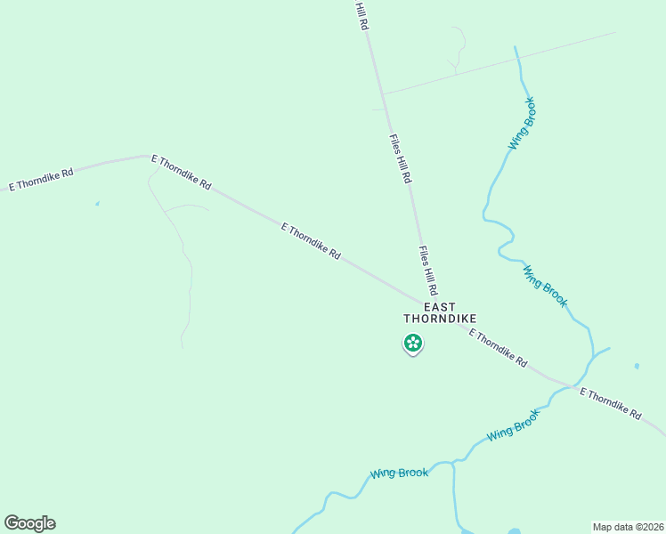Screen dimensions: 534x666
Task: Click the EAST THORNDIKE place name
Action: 439,311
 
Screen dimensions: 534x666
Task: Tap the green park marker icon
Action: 412,343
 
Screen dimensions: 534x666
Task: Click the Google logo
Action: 29,523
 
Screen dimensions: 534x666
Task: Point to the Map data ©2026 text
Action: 628,527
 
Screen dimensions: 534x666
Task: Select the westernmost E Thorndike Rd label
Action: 41,175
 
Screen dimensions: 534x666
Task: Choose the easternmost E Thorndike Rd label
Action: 610,403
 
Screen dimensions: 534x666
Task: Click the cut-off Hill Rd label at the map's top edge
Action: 361,16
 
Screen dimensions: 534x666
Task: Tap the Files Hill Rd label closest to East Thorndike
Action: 428,271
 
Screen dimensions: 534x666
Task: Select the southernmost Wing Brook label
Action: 400,473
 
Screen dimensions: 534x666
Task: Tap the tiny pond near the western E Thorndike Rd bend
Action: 97,204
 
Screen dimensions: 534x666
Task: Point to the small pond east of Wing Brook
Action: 637,366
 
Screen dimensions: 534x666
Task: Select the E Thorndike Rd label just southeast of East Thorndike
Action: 498,350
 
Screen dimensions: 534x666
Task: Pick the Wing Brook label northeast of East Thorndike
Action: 544,286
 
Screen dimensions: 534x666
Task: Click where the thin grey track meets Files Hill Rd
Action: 384,93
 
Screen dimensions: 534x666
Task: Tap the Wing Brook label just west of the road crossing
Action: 514,425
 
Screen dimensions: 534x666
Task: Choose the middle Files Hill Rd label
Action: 400,159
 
